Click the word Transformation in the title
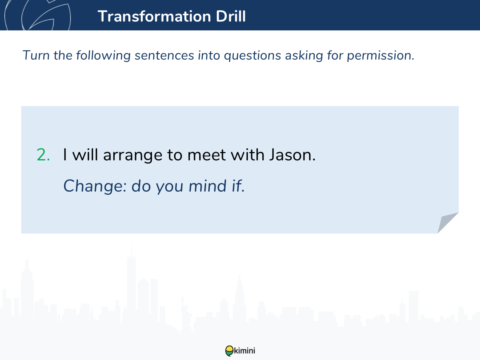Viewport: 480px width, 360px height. tap(154, 16)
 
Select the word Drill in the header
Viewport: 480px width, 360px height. tap(231, 16)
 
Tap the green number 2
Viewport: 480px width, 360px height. tap(43, 155)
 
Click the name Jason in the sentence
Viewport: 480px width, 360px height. tap(292, 155)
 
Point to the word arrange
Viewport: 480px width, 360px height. tap(133, 156)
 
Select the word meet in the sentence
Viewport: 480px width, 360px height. tap(206, 155)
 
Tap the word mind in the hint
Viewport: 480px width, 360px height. tap(207, 186)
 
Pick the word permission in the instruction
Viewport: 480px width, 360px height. tap(380, 56)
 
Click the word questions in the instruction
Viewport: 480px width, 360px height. tap(252, 56)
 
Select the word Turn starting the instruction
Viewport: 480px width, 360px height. tap(36, 55)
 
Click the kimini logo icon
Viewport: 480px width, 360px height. tap(229, 351)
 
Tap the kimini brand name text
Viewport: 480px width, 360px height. tap(244, 351)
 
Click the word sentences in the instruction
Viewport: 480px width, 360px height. tap(164, 56)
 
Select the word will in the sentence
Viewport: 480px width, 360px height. tap(85, 155)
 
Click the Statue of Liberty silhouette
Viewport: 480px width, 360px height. tap(186, 315)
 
